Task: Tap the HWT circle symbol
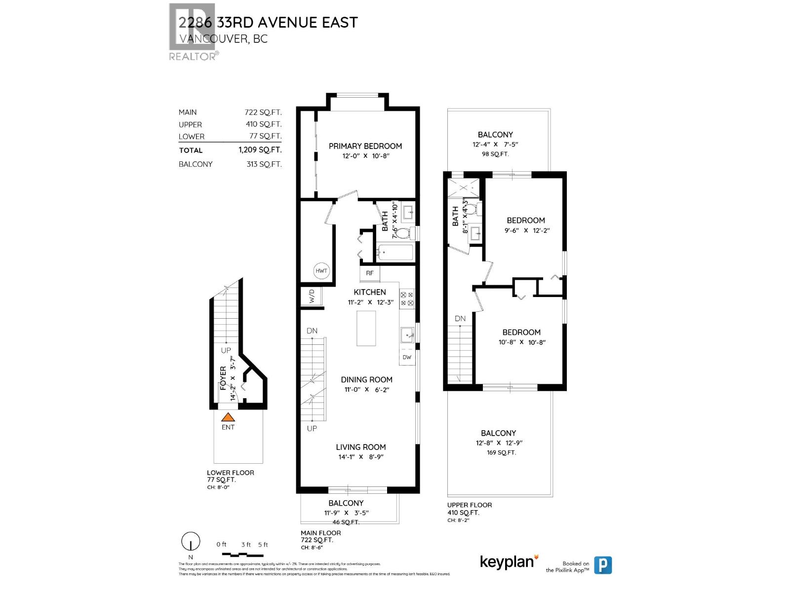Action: (x=321, y=271)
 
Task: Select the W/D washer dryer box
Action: (x=312, y=296)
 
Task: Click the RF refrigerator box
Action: (x=370, y=273)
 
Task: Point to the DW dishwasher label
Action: (x=407, y=357)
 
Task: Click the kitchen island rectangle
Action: (x=366, y=328)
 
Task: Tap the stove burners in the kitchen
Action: (x=407, y=299)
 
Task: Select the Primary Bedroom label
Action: (x=365, y=146)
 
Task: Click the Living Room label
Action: (x=361, y=447)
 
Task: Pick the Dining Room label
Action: (x=366, y=379)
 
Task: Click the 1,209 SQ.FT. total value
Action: (x=260, y=150)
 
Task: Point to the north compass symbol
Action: (x=191, y=542)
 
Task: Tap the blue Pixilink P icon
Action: (x=602, y=565)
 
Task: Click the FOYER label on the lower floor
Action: (x=223, y=378)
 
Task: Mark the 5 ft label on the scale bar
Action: (x=263, y=545)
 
